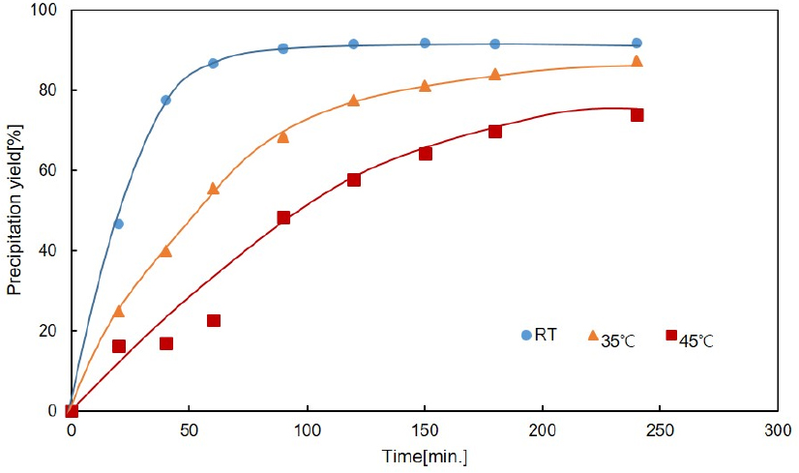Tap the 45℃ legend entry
690,338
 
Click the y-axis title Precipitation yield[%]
15,210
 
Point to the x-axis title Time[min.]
424,456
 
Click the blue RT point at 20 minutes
118,223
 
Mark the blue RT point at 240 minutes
636,44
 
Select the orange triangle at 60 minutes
213,189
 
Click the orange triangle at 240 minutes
636,62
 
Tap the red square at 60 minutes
214,320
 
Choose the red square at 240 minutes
636,115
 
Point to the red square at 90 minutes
283,218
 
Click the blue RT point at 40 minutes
165,100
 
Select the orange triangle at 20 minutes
118,311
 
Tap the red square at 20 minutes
119,346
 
